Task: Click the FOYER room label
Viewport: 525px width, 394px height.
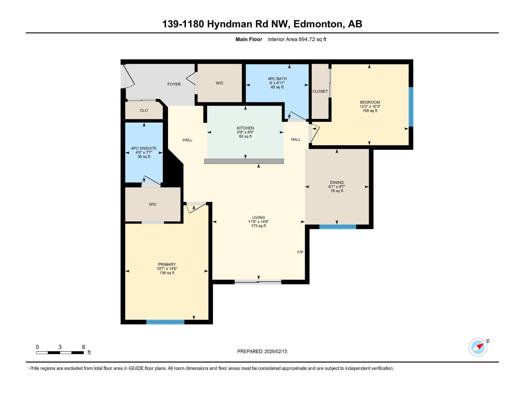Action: (174, 84)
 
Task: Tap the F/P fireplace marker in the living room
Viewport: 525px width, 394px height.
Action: (300, 252)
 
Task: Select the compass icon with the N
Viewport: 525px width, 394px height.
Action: (478, 347)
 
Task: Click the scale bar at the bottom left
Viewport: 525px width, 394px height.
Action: (60, 353)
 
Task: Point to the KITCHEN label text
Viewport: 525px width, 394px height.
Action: (245, 128)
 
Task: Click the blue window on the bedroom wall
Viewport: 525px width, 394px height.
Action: (410, 107)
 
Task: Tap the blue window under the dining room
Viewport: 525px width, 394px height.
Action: (337, 227)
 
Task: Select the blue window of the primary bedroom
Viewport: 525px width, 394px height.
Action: (165, 322)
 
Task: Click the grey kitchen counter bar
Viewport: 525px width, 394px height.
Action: (244, 161)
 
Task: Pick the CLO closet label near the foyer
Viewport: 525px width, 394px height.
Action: (144, 110)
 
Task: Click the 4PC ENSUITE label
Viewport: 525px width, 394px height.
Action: (144, 148)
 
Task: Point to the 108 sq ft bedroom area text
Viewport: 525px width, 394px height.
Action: (370, 111)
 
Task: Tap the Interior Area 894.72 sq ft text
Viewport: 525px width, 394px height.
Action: (297, 39)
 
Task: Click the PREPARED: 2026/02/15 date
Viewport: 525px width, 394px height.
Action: (262, 351)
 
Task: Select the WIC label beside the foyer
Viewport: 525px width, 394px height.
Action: (220, 83)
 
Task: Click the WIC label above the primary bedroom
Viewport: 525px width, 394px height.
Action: (153, 204)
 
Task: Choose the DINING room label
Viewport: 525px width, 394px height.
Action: (337, 183)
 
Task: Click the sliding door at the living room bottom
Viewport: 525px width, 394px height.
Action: (258, 282)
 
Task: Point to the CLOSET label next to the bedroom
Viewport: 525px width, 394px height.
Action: (320, 91)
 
